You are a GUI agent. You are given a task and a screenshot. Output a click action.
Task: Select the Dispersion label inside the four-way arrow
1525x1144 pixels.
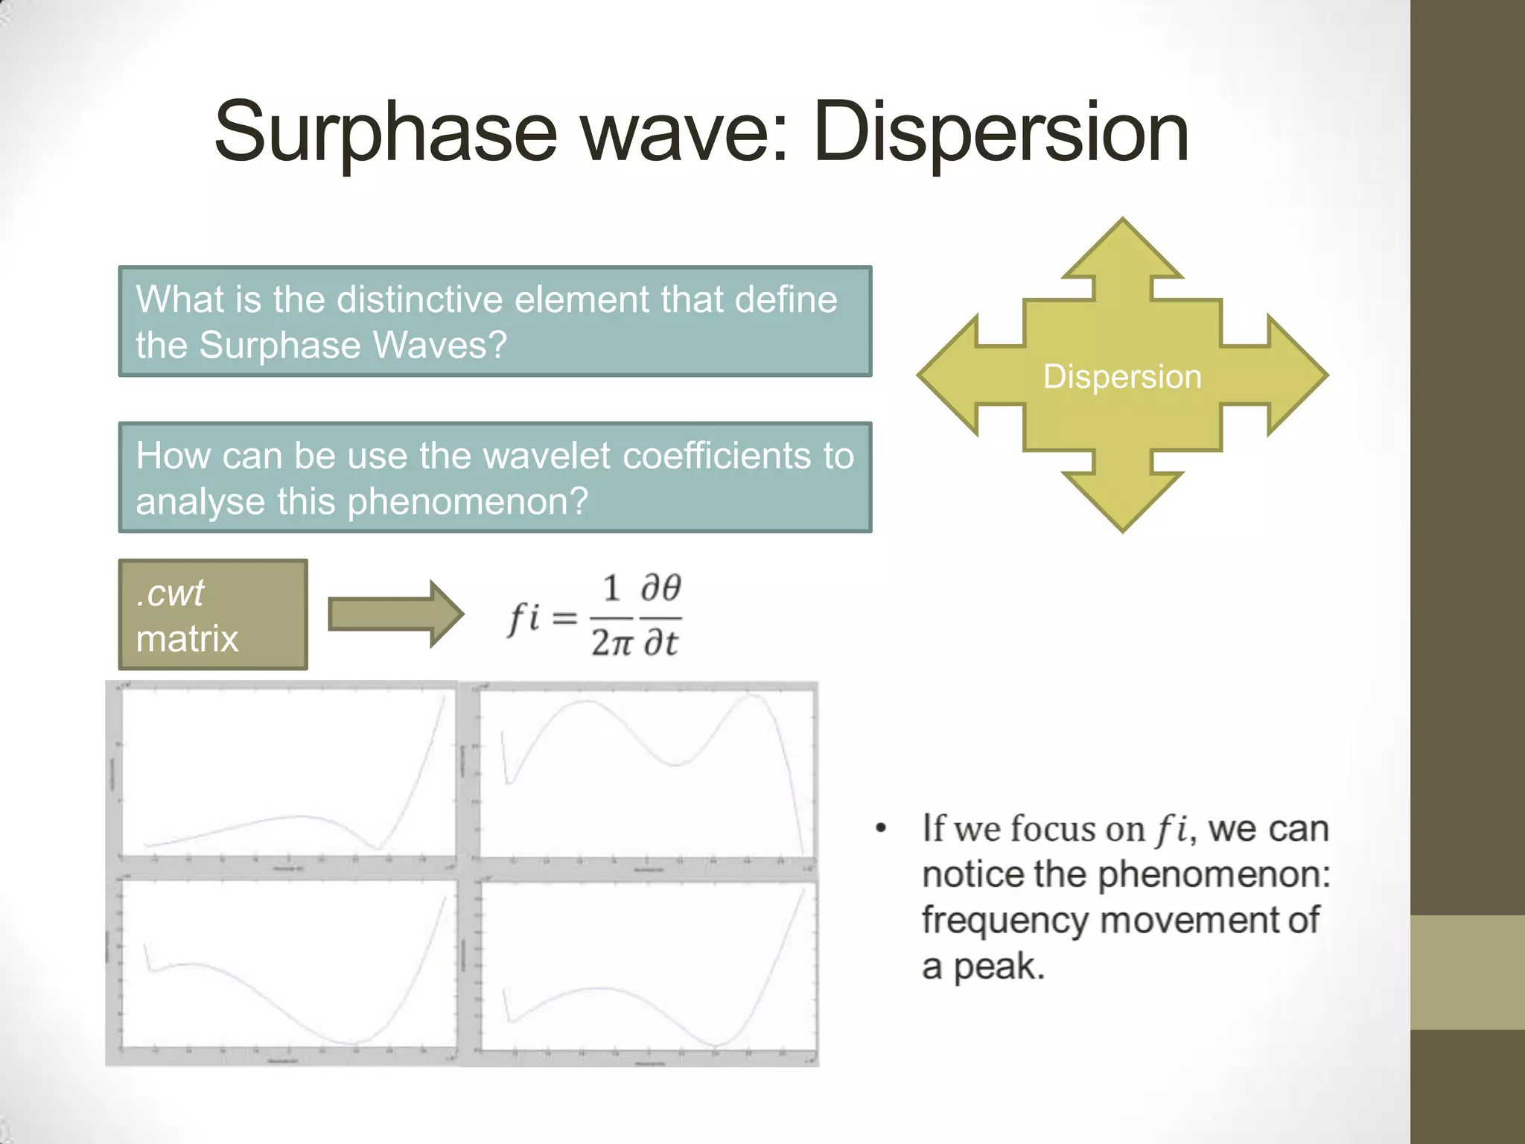1122,377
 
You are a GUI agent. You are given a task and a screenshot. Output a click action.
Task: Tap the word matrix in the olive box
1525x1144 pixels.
187,639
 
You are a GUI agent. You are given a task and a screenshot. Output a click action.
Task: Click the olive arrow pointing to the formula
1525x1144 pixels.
395,614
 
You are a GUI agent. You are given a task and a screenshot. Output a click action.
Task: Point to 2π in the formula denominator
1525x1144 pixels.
611,642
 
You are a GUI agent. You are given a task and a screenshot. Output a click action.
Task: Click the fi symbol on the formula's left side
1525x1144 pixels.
523,617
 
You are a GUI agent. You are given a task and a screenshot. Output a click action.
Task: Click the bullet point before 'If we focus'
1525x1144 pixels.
882,829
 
